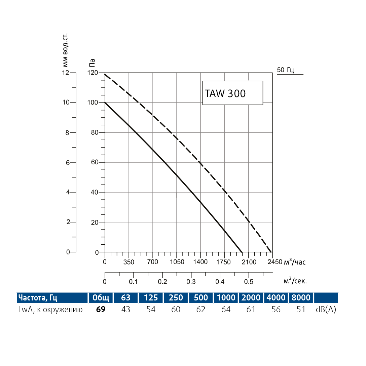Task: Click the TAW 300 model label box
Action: pyautogui.click(x=232, y=93)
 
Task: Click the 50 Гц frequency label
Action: pyautogui.click(x=286, y=70)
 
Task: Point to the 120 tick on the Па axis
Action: pyautogui.click(x=93, y=73)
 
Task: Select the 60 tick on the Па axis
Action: pyautogui.click(x=95, y=163)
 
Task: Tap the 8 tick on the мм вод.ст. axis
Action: pyautogui.click(x=67, y=133)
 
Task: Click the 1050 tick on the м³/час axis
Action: pyautogui.click(x=177, y=262)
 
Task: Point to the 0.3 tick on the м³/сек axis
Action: pyautogui.click(x=191, y=281)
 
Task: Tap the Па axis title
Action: pyautogui.click(x=92, y=63)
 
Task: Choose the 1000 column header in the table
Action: pyautogui.click(x=226, y=298)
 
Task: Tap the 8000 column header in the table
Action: pyautogui.click(x=301, y=298)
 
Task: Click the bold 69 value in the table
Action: pyautogui.click(x=101, y=310)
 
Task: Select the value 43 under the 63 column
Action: pyautogui.click(x=126, y=310)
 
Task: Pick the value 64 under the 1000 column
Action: pyautogui.click(x=226, y=310)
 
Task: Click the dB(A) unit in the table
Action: pyautogui.click(x=326, y=310)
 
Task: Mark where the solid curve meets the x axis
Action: pyautogui.click(x=242, y=252)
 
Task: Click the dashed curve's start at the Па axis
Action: pyautogui.click(x=105, y=74)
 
